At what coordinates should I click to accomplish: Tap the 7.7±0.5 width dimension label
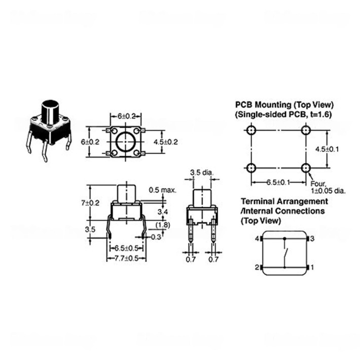(126, 259)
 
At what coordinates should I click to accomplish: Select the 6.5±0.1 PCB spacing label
(278, 182)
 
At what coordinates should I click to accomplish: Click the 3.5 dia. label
(202, 173)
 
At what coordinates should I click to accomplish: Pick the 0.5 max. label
(162, 190)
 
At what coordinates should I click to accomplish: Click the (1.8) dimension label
(163, 225)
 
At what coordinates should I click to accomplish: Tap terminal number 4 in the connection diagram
(257, 238)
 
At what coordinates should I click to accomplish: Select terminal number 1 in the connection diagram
(313, 267)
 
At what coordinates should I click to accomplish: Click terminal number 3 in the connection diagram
(313, 238)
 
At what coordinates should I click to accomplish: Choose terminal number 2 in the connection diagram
(257, 267)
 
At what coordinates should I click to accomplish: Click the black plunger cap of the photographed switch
(49, 109)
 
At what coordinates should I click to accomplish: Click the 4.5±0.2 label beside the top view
(165, 142)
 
